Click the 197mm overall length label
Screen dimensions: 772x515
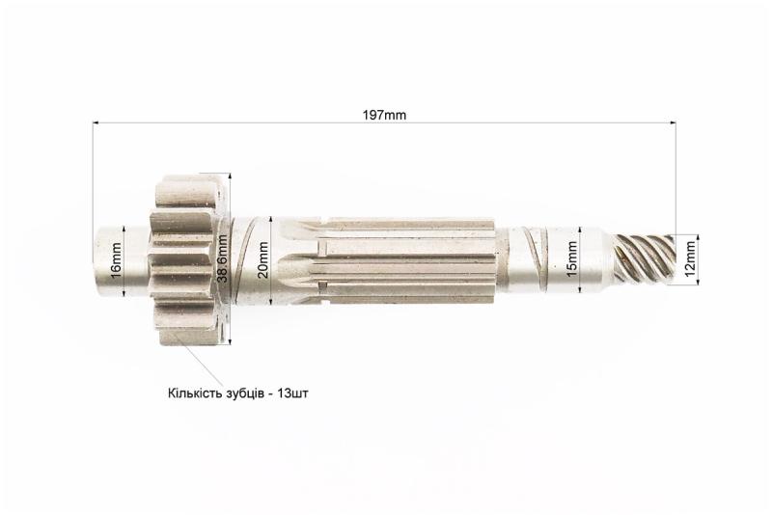pyautogui.click(x=384, y=115)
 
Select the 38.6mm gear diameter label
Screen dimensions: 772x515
pyautogui.click(x=223, y=258)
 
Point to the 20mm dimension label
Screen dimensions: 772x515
pyautogui.click(x=264, y=260)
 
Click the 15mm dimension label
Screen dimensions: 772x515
pyautogui.click(x=572, y=259)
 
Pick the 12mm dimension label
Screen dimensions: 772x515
pyautogui.click(x=691, y=259)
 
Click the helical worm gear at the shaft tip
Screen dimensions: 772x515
pyautogui.click(x=643, y=259)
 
